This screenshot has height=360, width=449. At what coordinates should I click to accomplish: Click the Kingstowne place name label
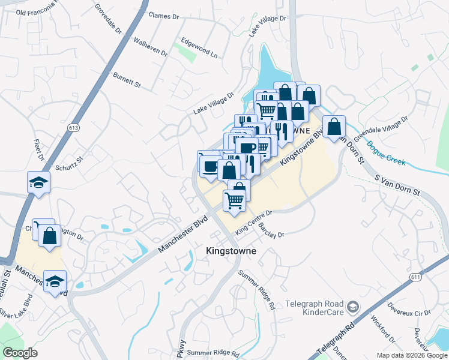(x=231, y=251)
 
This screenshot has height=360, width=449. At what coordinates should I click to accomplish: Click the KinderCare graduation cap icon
(x=354, y=308)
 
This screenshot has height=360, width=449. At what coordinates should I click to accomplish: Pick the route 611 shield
(x=415, y=276)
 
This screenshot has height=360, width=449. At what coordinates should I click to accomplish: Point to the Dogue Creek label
(x=386, y=153)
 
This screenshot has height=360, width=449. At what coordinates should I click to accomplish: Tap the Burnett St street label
(x=126, y=80)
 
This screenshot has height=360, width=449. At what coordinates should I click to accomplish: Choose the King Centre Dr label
(x=254, y=223)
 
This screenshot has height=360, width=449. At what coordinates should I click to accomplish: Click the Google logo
(x=20, y=353)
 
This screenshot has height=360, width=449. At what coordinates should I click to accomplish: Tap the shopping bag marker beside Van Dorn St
(x=334, y=127)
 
